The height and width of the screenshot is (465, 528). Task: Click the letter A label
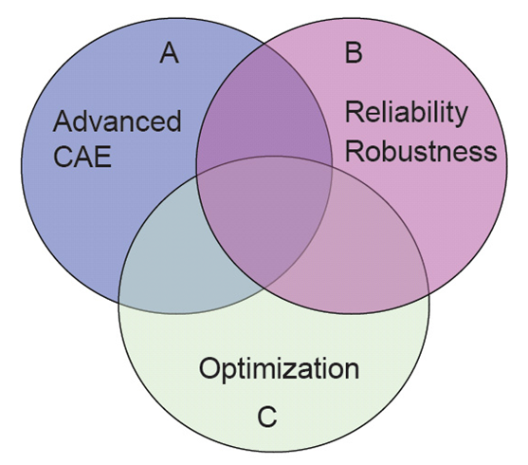[169, 53]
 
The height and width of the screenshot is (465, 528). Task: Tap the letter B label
[354, 53]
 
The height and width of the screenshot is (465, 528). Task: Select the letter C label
[267, 417]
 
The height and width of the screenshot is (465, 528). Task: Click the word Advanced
[118, 121]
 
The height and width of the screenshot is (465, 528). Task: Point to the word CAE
[82, 157]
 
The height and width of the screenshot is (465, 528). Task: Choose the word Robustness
[421, 151]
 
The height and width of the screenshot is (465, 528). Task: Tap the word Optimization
[279, 368]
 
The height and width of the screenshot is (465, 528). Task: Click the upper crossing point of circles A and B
[265, 43]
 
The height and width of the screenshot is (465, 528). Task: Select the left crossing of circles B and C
[196, 175]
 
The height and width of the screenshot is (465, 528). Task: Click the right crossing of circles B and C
[428, 294]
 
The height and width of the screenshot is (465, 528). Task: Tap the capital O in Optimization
[209, 367]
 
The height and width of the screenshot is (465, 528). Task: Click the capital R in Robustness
[354, 151]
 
